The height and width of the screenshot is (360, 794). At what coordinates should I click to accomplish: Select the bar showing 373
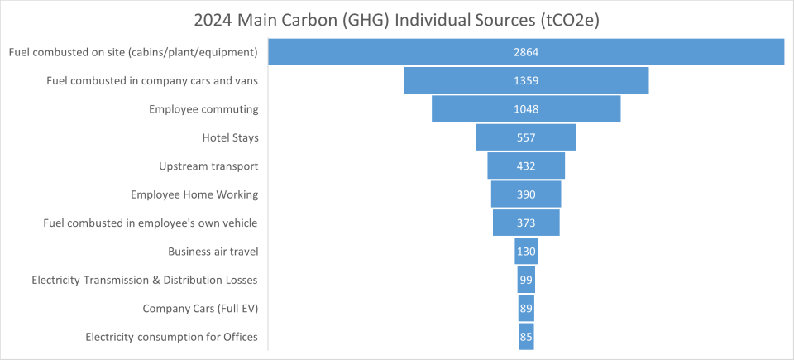[x=526, y=223]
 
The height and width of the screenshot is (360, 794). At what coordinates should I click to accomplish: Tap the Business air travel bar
[x=526, y=251]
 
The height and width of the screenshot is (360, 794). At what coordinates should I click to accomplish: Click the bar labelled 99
[x=526, y=280]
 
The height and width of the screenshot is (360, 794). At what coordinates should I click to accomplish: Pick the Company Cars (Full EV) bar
[x=526, y=308]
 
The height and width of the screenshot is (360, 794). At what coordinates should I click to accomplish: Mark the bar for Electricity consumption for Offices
[x=526, y=337]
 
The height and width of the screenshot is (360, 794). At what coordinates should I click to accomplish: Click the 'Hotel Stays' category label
[x=230, y=137]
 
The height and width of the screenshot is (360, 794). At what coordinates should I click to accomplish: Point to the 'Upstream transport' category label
[x=208, y=166]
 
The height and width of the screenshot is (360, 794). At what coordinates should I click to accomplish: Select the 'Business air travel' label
[x=213, y=251]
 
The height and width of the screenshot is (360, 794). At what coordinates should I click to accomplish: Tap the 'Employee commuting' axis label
[x=203, y=109]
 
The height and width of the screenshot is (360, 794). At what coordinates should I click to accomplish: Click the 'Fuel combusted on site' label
[x=133, y=52]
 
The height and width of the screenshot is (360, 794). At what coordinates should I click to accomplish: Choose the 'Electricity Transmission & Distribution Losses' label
[x=145, y=280]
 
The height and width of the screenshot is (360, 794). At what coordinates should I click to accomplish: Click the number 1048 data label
[x=526, y=109]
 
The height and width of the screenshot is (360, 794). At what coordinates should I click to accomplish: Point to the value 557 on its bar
[x=526, y=137]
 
